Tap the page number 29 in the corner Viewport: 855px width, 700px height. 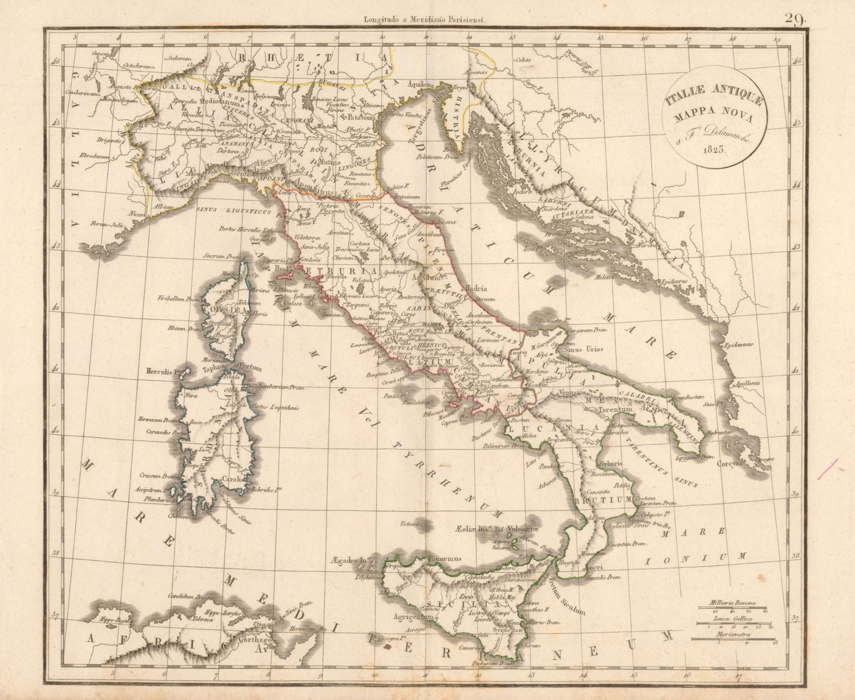pos(796,6)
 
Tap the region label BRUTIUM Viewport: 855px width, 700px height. pos(610,499)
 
